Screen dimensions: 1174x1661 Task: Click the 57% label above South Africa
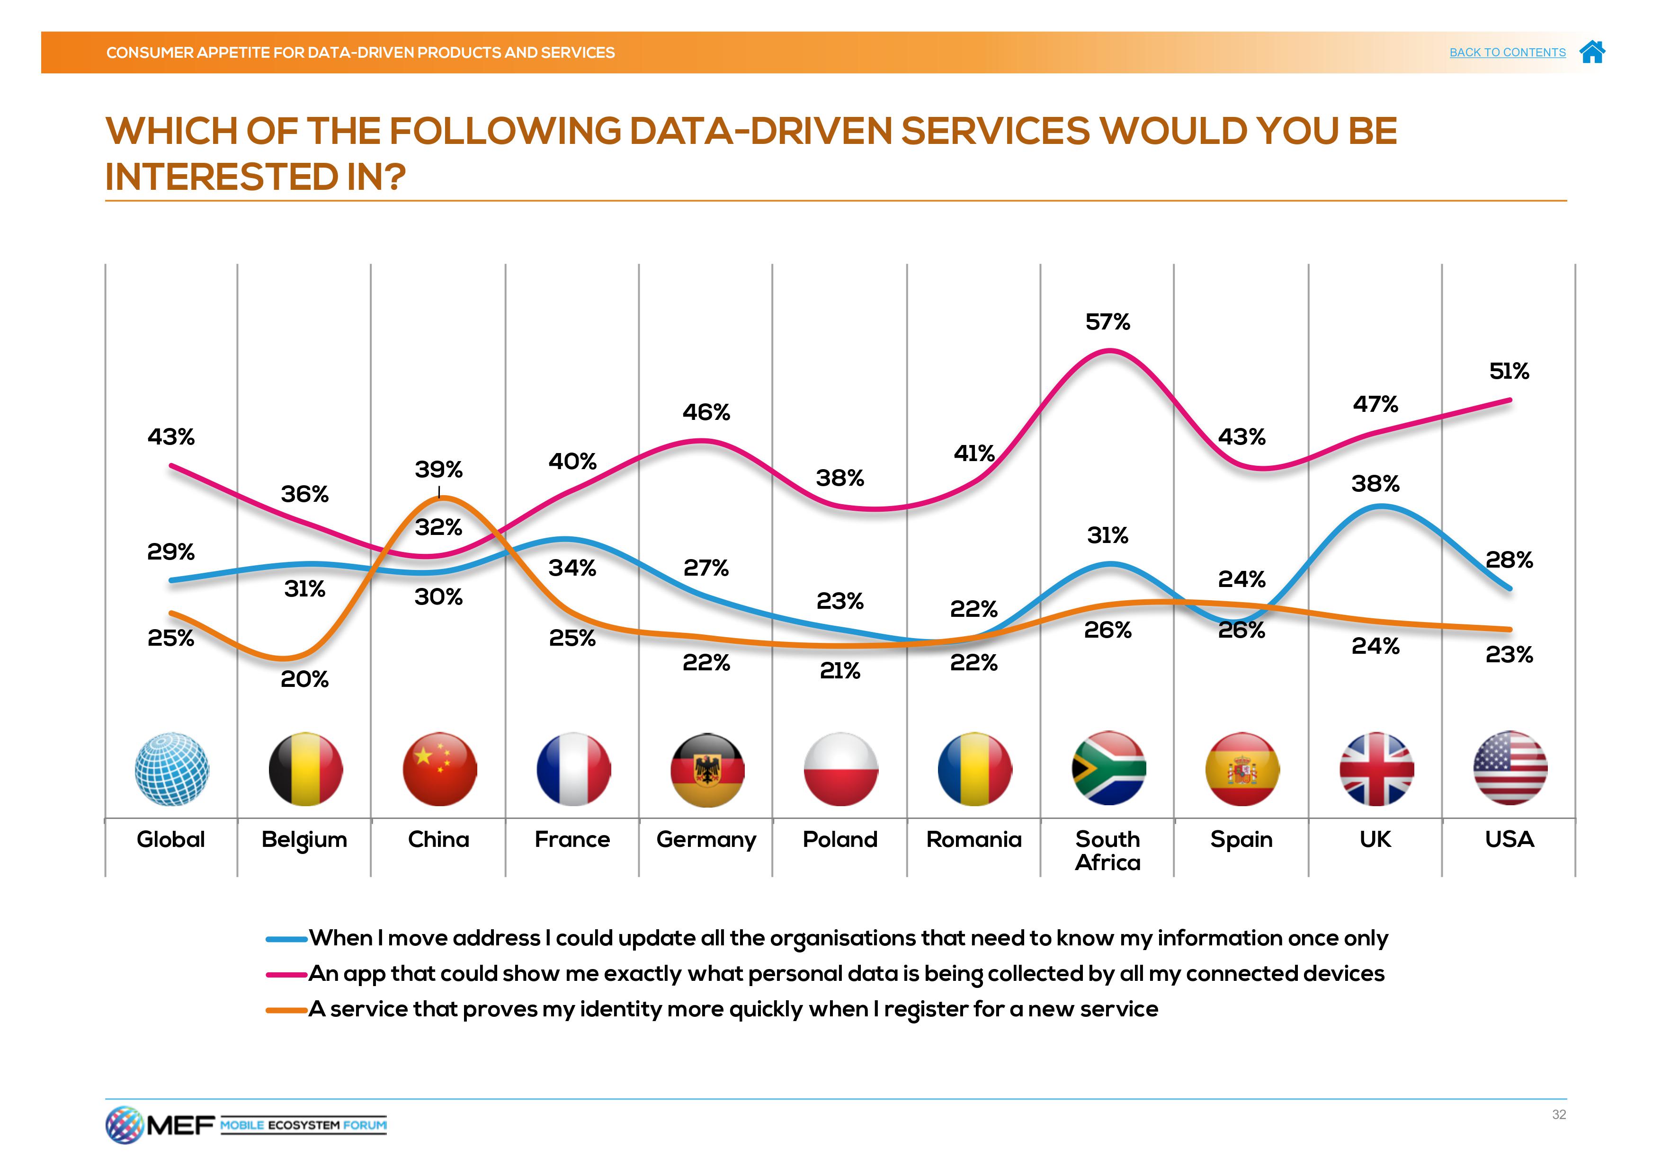tap(1107, 322)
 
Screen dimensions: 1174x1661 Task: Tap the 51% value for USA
tap(1509, 372)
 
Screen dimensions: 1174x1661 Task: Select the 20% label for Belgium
tap(304, 679)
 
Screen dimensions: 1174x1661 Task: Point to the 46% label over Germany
tap(706, 412)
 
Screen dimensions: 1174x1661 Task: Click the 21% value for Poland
tap(840, 671)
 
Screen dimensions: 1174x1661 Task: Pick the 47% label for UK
tap(1375, 404)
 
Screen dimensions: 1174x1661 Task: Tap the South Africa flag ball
tap(1108, 768)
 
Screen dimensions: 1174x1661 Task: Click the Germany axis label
tap(706, 840)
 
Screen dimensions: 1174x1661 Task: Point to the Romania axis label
tap(974, 840)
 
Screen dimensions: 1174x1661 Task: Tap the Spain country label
tap(1241, 840)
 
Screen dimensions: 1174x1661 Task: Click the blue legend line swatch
tap(286, 940)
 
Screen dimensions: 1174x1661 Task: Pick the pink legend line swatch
tap(286, 975)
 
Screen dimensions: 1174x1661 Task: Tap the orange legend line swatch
tap(286, 1011)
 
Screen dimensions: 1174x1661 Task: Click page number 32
tap(1558, 1115)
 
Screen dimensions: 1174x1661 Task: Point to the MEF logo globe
tap(124, 1125)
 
